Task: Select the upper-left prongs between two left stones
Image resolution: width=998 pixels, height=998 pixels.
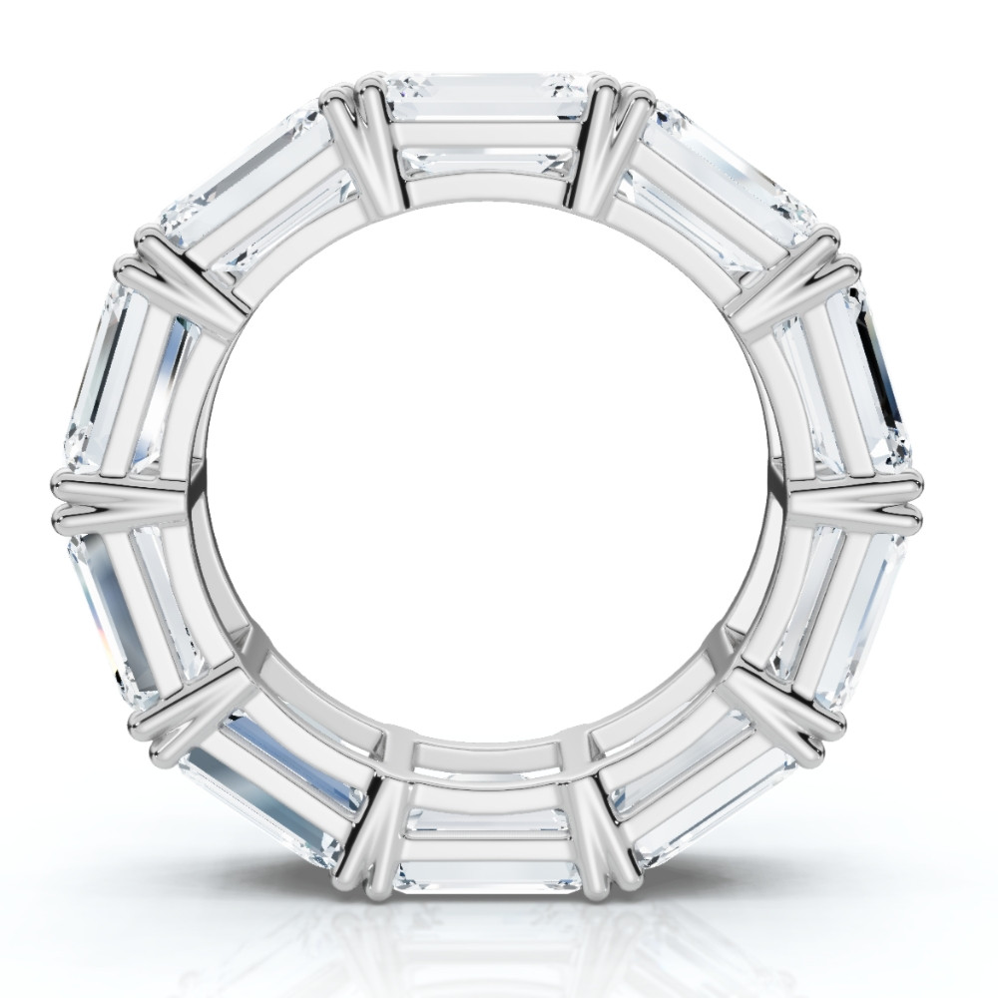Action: tap(185, 279)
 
